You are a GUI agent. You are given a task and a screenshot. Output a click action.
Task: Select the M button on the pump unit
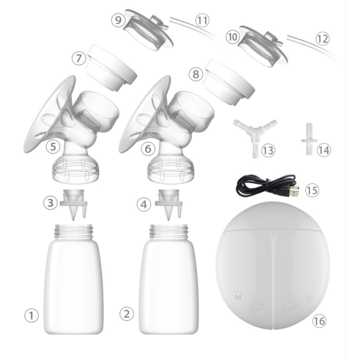[238, 297]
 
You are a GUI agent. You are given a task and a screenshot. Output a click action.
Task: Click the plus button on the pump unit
[289, 309]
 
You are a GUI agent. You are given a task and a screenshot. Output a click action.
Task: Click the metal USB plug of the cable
[293, 192]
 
